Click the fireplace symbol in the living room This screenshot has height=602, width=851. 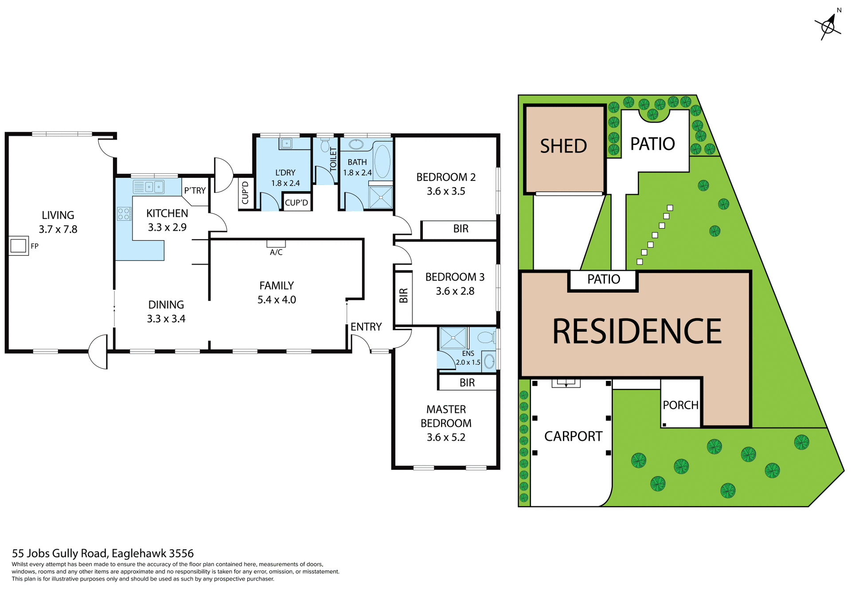(18, 246)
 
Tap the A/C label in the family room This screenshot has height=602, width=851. (276, 252)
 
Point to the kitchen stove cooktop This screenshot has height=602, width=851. (124, 214)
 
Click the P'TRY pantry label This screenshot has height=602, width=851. (195, 191)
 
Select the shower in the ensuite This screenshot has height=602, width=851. (453, 338)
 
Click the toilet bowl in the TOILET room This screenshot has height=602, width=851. (325, 145)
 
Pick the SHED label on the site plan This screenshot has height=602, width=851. (563, 146)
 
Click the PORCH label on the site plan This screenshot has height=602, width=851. (680, 405)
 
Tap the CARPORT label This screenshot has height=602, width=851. (573, 436)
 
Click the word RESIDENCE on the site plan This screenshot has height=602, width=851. (636, 332)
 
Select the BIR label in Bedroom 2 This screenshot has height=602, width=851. (461, 229)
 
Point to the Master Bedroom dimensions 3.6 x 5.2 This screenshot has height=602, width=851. (446, 437)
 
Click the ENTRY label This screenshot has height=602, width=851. (366, 327)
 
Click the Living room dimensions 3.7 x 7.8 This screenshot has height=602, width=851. (58, 229)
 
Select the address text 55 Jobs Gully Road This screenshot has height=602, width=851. (102, 553)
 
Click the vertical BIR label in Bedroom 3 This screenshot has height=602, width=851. (403, 296)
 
